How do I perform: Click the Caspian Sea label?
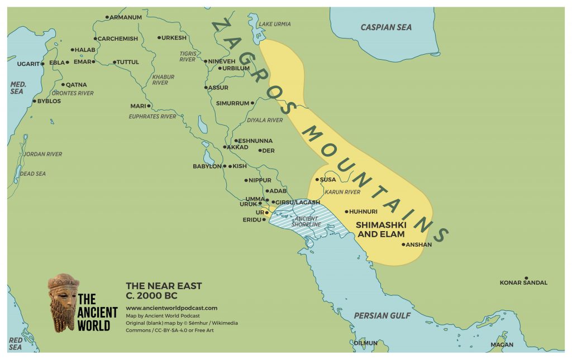point(385,27)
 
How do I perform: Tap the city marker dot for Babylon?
point(224,166)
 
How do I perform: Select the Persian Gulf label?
point(382,316)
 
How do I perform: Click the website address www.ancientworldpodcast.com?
point(171,308)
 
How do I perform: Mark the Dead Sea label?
point(34,174)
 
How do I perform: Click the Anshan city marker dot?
point(404,244)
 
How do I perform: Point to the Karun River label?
point(342,191)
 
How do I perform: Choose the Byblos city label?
point(49,101)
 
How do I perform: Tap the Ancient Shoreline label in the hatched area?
point(306,221)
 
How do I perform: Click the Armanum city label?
point(126,17)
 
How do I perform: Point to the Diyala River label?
point(265,120)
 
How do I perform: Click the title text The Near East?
point(164,286)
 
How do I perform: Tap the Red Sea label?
point(16,343)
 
